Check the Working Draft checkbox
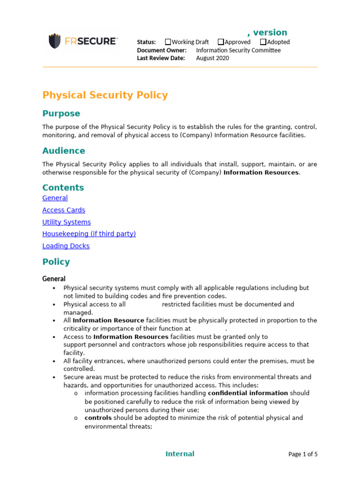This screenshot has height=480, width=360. coord(168,42)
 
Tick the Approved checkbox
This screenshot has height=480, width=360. coord(221,42)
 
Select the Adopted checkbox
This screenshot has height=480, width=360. coord(263,42)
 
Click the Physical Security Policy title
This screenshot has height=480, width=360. coord(105,95)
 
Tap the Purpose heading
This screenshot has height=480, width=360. coord(61,113)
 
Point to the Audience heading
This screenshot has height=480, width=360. coord(64,151)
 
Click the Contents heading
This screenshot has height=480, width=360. coord(63,187)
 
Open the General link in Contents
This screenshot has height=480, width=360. coord(55,198)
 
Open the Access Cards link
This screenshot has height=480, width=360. coord(64,210)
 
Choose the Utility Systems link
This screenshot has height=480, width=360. coord(67,222)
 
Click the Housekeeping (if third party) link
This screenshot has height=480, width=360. coord(89,234)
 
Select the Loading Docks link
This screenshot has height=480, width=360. coord(66,246)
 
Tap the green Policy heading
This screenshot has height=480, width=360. coord(56,262)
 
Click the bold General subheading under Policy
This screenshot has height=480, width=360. coord(54,279)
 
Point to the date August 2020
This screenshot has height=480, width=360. coord(212,58)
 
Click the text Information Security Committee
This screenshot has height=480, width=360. coord(238,50)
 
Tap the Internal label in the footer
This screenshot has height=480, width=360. coord(180,454)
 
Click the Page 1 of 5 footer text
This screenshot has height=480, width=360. coord(303,454)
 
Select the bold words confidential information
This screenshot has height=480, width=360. coord(248,393)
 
